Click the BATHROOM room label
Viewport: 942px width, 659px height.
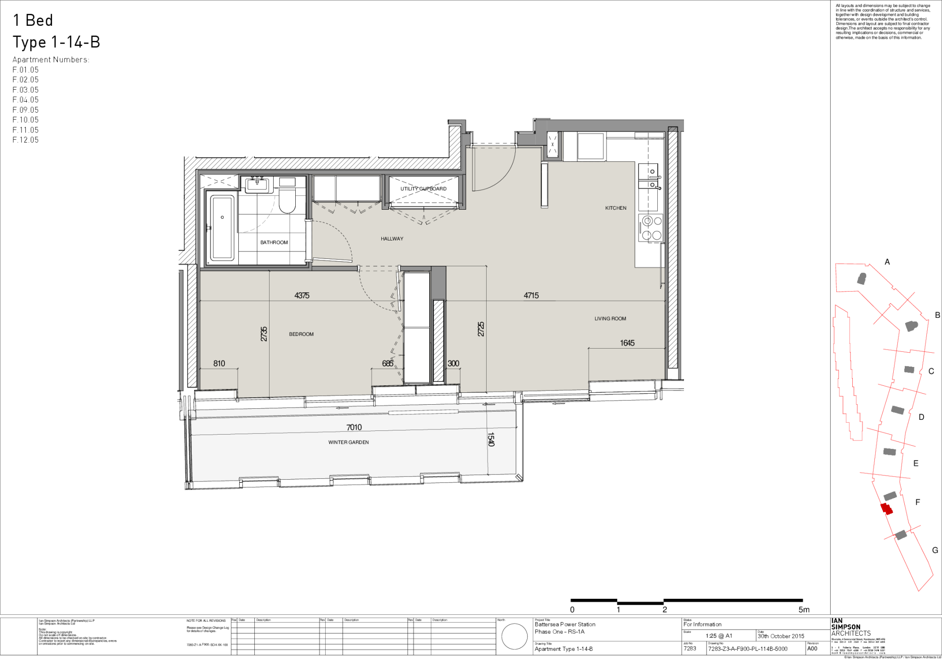tap(274, 242)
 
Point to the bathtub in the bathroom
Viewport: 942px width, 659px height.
tap(222, 227)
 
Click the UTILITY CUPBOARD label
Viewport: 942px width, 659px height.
tap(423, 189)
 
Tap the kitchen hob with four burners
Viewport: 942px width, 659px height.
tap(650, 228)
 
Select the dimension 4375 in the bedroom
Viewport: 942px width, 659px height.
tap(302, 296)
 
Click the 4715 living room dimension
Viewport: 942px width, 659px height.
tap(531, 296)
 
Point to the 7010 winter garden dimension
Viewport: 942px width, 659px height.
tap(354, 428)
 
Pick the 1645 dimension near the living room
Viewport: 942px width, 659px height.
tap(627, 343)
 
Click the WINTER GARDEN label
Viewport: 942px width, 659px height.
tap(348, 442)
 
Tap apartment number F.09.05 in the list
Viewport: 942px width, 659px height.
tap(26, 110)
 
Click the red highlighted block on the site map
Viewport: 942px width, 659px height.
tap(886, 509)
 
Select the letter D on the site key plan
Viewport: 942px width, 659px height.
tap(921, 417)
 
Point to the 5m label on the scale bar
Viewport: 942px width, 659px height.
tap(804, 610)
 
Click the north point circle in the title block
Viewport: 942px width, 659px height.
tap(514, 636)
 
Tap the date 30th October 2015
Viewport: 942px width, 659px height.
tap(781, 636)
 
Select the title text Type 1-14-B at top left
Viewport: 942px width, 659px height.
tap(56, 42)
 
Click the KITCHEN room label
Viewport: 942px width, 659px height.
tap(615, 208)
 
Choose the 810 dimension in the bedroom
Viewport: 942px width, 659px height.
tap(219, 363)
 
